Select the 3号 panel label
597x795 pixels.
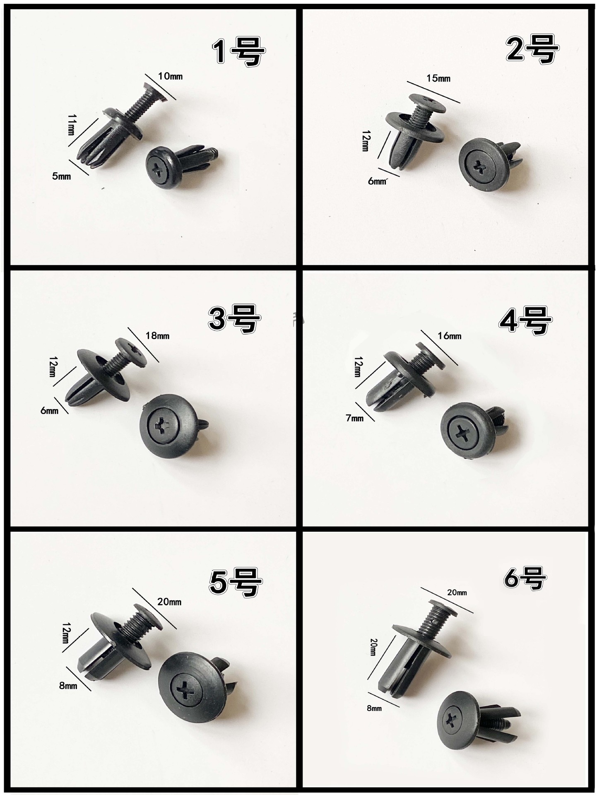pos(234,318)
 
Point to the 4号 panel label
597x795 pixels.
pos(525,320)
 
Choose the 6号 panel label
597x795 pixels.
pos(524,577)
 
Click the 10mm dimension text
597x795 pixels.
pos(170,76)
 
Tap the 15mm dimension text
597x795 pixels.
pos(438,78)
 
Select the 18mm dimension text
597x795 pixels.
pos(157,335)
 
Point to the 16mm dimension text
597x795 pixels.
pos(449,336)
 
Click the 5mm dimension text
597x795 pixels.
pos(61,176)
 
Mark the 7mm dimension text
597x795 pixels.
pos(354,418)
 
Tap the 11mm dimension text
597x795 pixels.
pos(70,125)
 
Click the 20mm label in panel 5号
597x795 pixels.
pos(169,602)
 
